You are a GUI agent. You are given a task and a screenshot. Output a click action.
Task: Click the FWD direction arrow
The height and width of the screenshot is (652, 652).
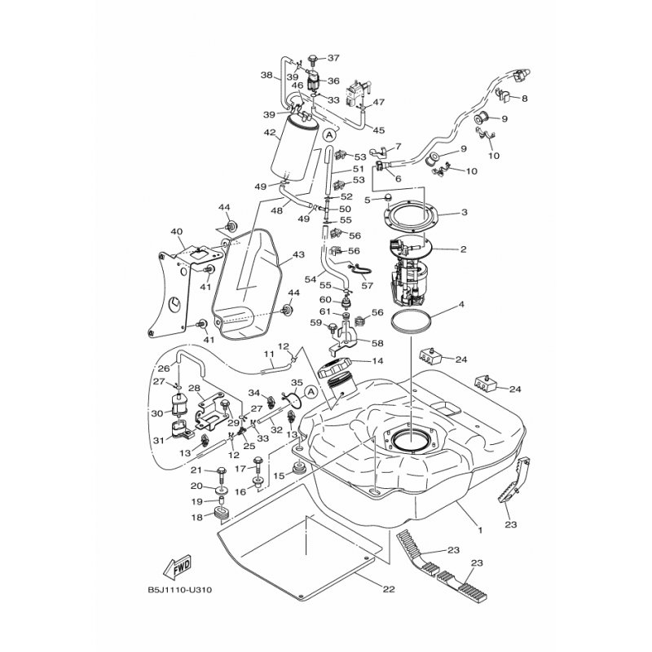pos(178,566)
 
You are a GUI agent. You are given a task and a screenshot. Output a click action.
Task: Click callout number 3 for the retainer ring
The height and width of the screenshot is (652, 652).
pos(464,213)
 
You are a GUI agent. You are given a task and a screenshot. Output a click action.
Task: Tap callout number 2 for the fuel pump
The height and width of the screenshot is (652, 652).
pos(464,249)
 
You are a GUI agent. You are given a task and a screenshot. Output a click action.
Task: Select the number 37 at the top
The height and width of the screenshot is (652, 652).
pos(333,58)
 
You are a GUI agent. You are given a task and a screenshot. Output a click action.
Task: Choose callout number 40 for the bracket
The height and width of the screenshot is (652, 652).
pos(176,231)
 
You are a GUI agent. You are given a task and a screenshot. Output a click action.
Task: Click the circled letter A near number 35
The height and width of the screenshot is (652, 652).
pos(310,392)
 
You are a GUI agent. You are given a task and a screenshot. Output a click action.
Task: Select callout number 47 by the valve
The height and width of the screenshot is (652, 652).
pos(378,103)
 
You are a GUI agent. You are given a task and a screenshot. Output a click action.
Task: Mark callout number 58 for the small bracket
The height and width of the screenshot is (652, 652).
pos(378,343)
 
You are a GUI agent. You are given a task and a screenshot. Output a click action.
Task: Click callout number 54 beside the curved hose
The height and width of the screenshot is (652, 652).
pos(310,279)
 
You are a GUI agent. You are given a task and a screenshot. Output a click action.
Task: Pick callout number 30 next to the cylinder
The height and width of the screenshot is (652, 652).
pos(156,412)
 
